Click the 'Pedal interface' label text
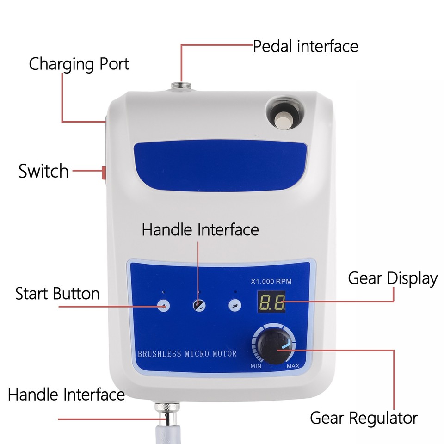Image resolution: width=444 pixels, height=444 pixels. click(x=305, y=47)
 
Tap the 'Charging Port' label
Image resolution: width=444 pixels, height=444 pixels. click(x=79, y=64)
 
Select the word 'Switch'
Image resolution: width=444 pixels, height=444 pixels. click(x=43, y=171)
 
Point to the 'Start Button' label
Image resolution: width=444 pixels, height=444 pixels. click(x=57, y=294)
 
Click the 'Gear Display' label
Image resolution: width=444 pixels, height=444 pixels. click(x=393, y=278)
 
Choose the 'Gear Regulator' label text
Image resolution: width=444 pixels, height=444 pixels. click(x=364, y=418)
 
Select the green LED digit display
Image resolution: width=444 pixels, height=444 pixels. click(x=272, y=303)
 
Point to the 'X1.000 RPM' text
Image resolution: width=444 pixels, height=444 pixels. click(x=271, y=281)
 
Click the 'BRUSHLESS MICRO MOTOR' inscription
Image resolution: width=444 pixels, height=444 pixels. click(x=187, y=354)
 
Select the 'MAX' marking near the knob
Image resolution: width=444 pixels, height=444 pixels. click(x=293, y=366)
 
